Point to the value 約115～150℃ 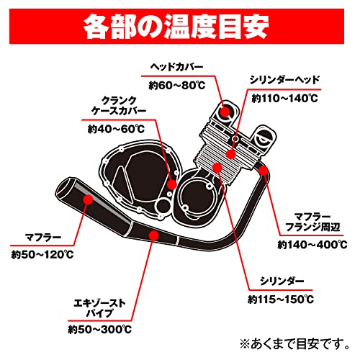[x=282, y=300]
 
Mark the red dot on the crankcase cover [x=171, y=184]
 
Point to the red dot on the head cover [x=226, y=113]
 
